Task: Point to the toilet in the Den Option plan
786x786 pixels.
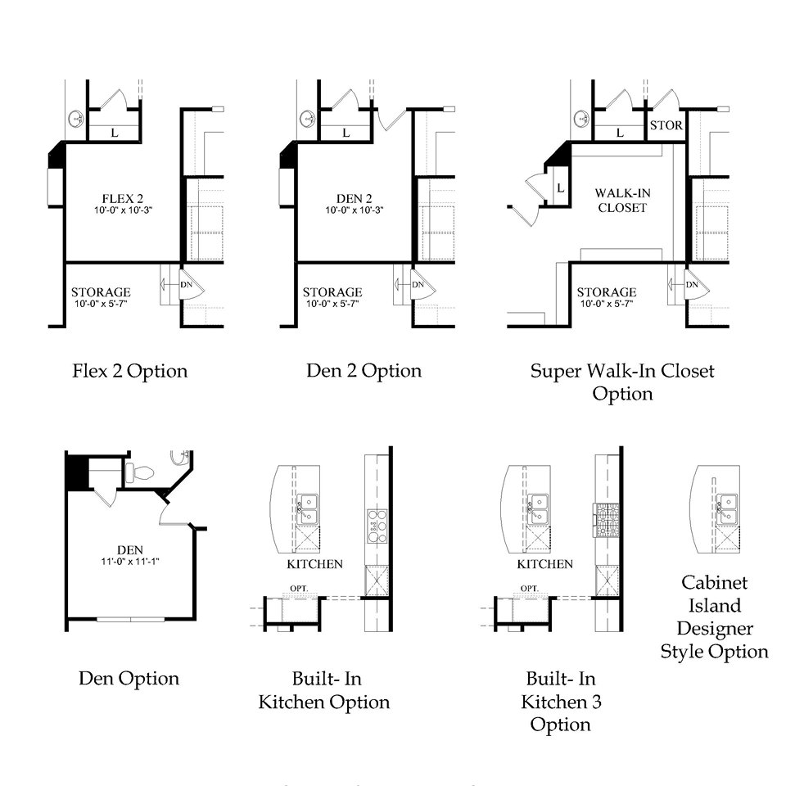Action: coord(140,472)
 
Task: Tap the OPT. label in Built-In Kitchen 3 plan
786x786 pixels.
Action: coord(529,588)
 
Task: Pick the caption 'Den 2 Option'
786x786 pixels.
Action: coord(364,370)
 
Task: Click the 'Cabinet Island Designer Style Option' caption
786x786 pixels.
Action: coord(714,617)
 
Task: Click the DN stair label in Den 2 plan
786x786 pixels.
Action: coord(418,285)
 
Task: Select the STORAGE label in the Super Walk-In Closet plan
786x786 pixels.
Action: coord(606,292)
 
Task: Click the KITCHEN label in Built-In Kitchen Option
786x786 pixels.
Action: coord(314,564)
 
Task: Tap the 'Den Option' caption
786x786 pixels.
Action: coord(129,678)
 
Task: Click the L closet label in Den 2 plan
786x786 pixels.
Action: coord(346,133)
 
